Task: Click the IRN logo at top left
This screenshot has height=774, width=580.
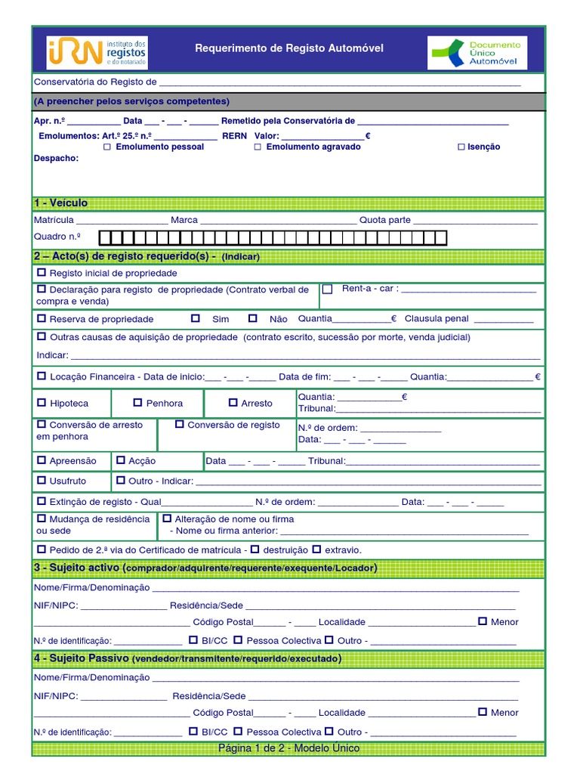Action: point(97,52)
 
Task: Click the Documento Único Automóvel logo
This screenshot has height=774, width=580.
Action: point(477,53)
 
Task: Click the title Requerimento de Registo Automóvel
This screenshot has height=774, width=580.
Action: point(289,48)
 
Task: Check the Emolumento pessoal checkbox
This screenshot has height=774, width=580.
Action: point(107,147)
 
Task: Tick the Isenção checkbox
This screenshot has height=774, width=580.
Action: point(461,147)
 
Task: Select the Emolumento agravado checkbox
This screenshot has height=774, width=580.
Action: point(258,147)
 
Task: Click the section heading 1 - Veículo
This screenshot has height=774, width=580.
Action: point(61,203)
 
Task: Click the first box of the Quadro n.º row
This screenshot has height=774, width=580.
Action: point(106,239)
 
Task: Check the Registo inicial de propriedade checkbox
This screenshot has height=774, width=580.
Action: point(41,273)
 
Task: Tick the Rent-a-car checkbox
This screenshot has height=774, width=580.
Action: point(327,289)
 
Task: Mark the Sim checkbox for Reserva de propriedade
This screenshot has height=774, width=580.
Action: point(196,318)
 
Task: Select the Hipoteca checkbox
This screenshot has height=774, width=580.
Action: point(41,403)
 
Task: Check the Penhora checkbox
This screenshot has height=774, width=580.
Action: point(137,403)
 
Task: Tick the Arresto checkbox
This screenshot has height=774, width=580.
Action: point(233,403)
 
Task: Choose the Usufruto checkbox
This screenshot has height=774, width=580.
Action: point(41,480)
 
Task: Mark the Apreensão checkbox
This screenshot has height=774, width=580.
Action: point(41,460)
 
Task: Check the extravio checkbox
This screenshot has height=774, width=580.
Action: point(316,549)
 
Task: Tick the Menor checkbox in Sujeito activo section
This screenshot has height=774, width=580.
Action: point(483,621)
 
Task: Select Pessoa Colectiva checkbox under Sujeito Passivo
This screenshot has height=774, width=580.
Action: point(238,732)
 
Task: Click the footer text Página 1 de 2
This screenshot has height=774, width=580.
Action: point(288,748)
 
